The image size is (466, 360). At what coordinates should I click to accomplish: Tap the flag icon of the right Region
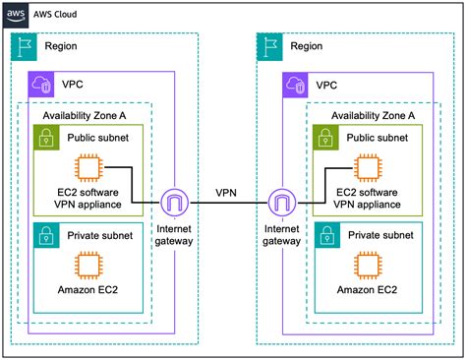click(267, 45)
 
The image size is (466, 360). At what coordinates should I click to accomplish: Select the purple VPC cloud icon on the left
click(42, 84)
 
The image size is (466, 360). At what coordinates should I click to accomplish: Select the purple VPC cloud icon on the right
click(294, 84)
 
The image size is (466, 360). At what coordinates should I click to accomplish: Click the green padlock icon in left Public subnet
click(44, 137)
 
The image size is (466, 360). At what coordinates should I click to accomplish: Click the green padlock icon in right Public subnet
click(322, 137)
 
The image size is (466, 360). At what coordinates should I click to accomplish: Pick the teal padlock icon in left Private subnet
click(44, 234)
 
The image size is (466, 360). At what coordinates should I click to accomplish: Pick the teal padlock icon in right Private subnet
click(322, 234)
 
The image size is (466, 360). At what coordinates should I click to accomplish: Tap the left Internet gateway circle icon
click(175, 204)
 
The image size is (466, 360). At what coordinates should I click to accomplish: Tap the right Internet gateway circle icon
click(282, 204)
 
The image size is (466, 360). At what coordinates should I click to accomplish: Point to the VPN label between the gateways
click(229, 193)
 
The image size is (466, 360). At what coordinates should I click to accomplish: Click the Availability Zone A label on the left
click(85, 115)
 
